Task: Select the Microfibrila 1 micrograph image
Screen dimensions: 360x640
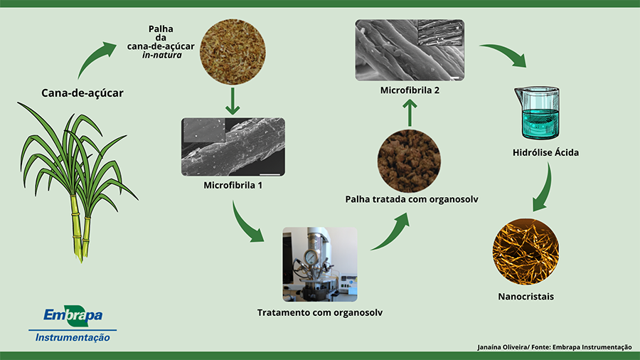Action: tap(234, 146)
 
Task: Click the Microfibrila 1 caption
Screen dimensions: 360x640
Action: tap(233, 186)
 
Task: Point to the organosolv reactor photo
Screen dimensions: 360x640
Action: tap(319, 262)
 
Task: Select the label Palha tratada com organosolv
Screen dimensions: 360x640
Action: tap(410, 199)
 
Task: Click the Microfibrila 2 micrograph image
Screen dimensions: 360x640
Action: tap(410, 49)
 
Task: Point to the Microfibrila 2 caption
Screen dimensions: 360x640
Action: tap(410, 90)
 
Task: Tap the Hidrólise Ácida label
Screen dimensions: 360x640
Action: tap(545, 152)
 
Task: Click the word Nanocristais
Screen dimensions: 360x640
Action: tap(526, 296)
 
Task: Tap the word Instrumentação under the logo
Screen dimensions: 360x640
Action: tap(73, 337)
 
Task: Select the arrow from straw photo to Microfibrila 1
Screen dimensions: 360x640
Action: tap(232, 101)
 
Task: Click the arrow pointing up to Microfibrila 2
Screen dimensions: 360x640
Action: tap(410, 110)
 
